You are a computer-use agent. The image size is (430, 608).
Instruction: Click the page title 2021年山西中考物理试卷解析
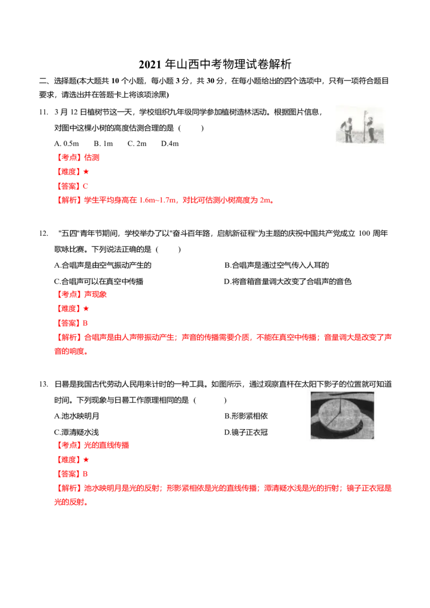click(215, 64)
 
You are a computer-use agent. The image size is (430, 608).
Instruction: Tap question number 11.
click(44, 112)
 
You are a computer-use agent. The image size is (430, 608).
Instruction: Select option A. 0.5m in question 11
click(66, 143)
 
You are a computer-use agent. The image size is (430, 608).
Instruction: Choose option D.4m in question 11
click(170, 143)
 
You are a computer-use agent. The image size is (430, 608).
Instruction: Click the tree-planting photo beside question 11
click(360, 125)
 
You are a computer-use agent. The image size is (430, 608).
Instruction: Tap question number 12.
click(44, 234)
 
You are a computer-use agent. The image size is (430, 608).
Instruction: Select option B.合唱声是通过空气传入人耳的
click(277, 265)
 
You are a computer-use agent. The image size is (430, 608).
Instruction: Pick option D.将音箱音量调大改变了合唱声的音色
click(288, 281)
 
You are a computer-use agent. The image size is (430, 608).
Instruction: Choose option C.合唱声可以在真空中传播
click(98, 281)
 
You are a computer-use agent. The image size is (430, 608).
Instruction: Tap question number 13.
click(44, 384)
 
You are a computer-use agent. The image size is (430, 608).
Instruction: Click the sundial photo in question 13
click(342, 415)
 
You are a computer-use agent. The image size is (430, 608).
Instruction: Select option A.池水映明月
click(76, 416)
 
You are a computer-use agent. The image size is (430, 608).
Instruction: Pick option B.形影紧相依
click(246, 416)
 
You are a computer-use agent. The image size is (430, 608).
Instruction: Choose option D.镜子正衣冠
click(246, 432)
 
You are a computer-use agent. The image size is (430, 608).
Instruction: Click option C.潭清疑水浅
click(76, 432)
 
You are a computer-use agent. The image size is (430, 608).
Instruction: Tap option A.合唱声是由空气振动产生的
click(103, 265)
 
